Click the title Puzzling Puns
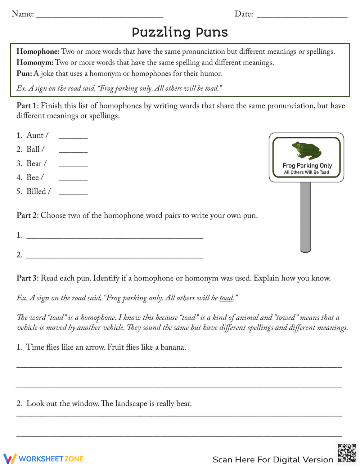coord(180,32)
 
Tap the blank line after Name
coord(100,16)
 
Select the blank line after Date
coord(302,16)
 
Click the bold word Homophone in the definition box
coord(38,51)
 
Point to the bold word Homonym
coord(35,63)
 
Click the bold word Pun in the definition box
coord(24,74)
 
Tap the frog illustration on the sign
coord(306,150)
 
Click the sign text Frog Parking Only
coord(307,165)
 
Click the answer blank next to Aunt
coord(73,137)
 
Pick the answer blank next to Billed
coord(73,193)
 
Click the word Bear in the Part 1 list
coord(34,163)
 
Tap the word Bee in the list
coord(32,178)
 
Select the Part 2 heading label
coord(27,215)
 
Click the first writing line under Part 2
coord(115,237)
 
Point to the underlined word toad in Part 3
coord(226,298)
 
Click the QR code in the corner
coord(347,453)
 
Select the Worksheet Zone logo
coord(43,459)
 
